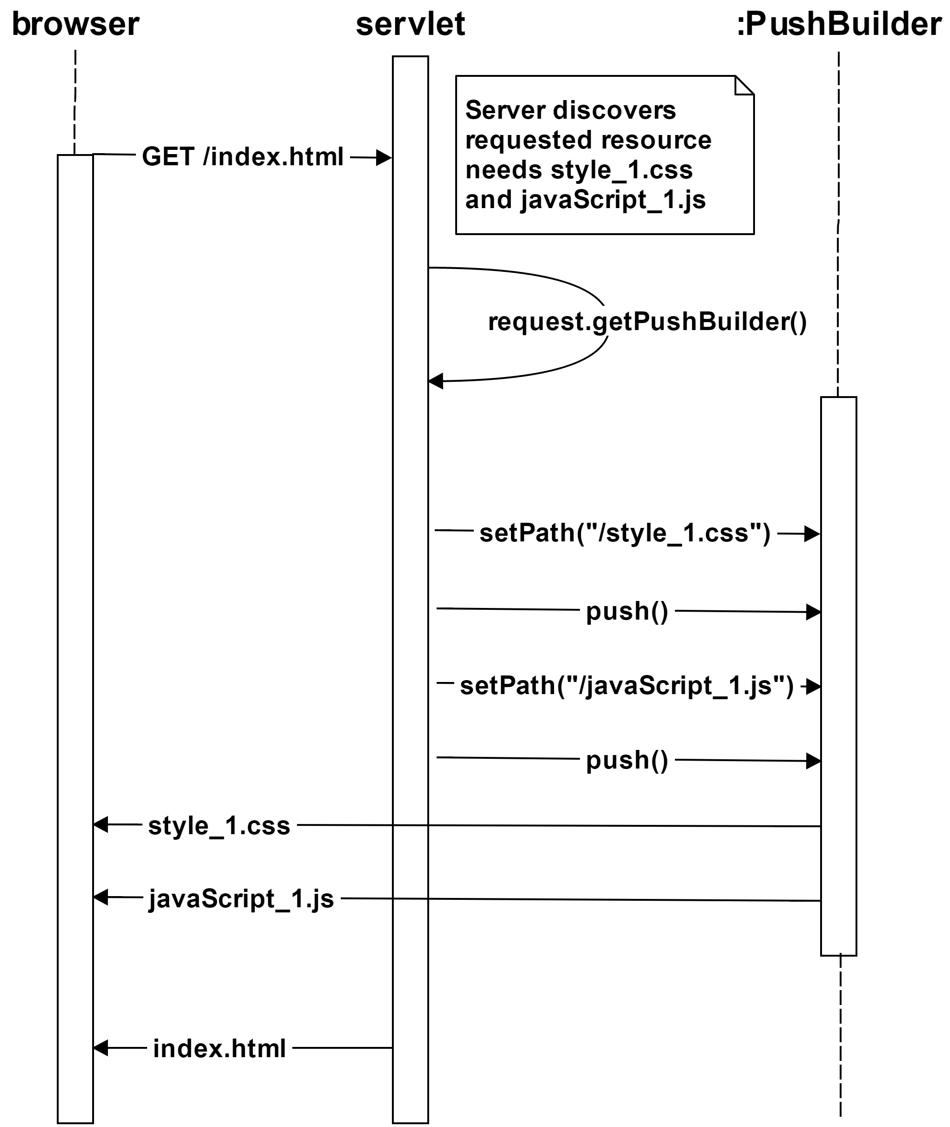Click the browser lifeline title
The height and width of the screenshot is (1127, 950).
pos(75,25)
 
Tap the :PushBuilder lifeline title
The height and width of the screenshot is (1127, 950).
pos(838,25)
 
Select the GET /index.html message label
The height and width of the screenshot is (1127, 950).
pos(243,157)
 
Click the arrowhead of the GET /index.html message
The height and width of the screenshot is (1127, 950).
pos(384,158)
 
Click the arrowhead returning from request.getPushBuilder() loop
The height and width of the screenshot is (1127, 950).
pos(435,381)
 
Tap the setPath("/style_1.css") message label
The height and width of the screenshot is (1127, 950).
pos(625,533)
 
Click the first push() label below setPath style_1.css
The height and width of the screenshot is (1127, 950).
pos(627,611)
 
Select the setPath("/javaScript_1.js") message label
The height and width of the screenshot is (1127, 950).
pos(627,685)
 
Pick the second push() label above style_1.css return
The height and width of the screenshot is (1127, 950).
pos(627,760)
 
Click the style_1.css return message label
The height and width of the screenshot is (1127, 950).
pos(219,825)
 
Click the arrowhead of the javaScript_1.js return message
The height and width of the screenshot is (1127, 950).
pos(100,897)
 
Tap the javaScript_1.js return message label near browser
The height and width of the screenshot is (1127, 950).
pos(241,898)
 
